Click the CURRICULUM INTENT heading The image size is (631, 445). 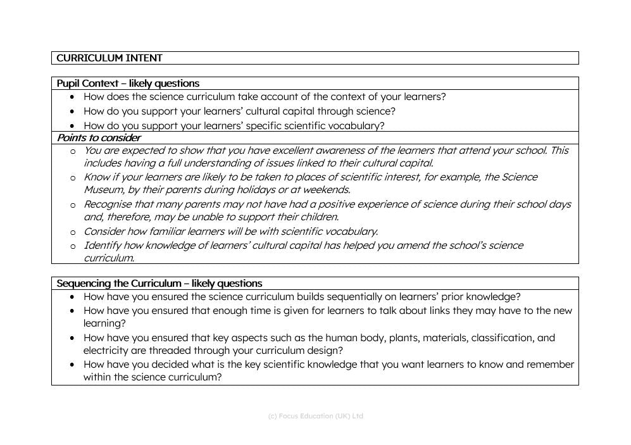[109, 58]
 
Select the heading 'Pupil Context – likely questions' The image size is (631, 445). [128, 84]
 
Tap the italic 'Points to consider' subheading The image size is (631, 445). [99, 138]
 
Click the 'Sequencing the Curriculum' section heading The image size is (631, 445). [159, 284]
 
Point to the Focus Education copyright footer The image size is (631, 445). [315, 416]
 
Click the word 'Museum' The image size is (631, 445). [104, 190]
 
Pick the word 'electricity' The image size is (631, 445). [106, 351]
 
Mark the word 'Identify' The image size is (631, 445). [102, 246]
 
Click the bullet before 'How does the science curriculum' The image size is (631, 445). [73, 97]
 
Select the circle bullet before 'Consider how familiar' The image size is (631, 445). [73, 232]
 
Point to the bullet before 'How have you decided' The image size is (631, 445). [73, 365]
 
